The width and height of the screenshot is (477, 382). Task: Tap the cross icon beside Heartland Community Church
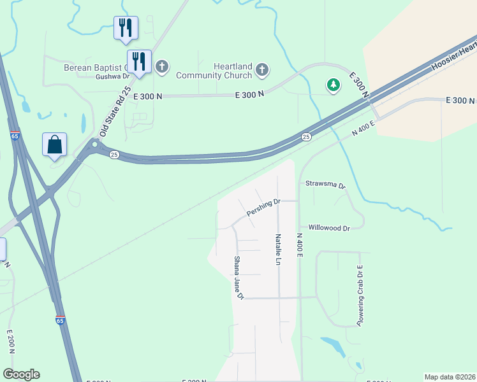tap(261, 69)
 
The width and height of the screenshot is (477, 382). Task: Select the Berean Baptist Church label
tap(96, 67)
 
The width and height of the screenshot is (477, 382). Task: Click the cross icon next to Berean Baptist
tap(162, 66)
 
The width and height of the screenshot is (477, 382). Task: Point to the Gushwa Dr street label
tap(112, 77)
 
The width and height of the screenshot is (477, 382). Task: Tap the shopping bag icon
tap(55, 145)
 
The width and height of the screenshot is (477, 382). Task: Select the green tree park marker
tap(332, 85)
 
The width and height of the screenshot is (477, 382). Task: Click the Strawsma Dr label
tap(325, 185)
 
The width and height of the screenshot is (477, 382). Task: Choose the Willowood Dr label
tap(329, 228)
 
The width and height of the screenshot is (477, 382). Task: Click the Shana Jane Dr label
tap(238, 278)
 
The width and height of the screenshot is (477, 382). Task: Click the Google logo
tap(21, 374)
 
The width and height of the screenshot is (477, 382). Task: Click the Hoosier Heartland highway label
tap(454, 55)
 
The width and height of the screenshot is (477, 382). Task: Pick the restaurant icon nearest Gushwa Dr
tap(138, 62)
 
